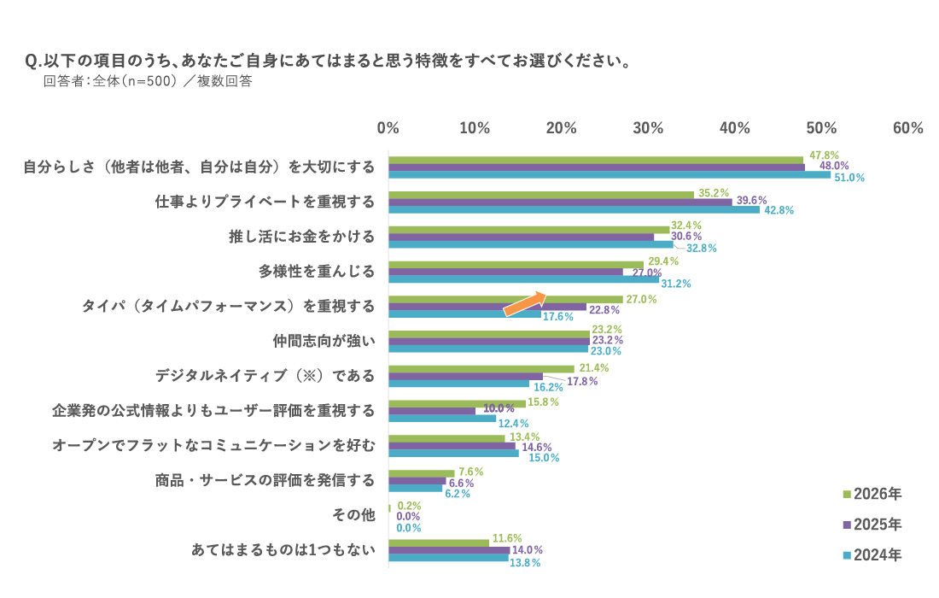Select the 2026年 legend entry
point(871,494)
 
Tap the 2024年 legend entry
point(871,555)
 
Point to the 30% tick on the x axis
point(648,128)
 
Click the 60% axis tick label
point(907,128)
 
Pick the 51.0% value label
point(849,178)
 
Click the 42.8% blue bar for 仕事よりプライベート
point(574,210)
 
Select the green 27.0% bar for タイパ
point(505,299)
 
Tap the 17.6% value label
point(557,317)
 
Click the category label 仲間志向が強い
point(324,341)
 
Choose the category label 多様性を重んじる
point(318,272)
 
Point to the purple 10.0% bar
point(431,411)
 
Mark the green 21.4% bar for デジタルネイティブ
point(481,369)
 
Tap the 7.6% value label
point(471,472)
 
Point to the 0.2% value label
point(409,506)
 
